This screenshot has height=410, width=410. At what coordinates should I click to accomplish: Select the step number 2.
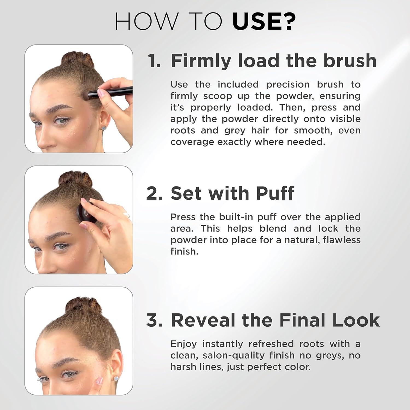click(x=154, y=193)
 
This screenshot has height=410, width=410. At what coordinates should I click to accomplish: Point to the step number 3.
click(x=154, y=320)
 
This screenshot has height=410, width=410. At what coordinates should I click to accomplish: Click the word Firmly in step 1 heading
click(x=201, y=61)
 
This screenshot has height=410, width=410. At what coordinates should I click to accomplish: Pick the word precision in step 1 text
click(x=288, y=84)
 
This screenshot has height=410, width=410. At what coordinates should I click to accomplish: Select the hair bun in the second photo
click(x=75, y=179)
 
